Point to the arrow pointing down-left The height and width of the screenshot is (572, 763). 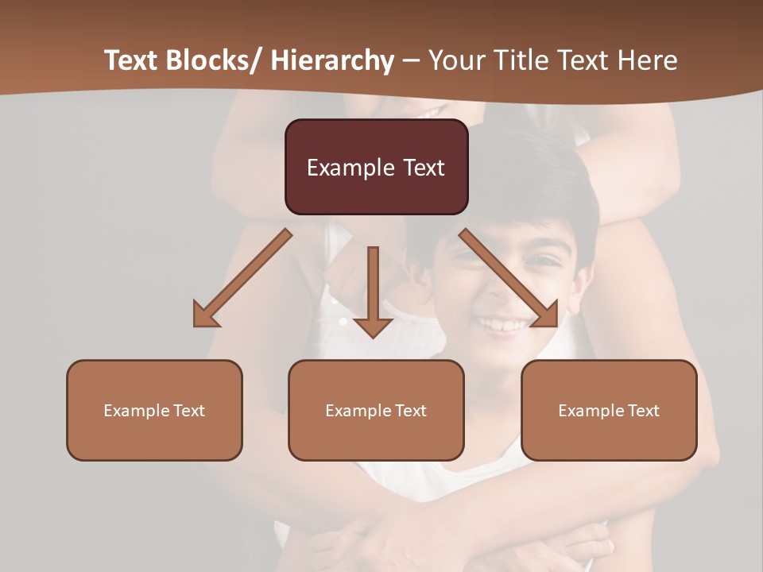(242, 278)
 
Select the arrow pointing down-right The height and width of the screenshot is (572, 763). (509, 278)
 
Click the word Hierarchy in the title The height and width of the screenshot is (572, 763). (332, 61)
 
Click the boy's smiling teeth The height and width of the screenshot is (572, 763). (502, 325)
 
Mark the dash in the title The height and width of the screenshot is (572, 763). (411, 61)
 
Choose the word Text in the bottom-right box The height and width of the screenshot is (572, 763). (643, 411)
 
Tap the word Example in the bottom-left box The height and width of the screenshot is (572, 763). (137, 411)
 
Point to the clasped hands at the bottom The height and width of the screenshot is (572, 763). (445, 540)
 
